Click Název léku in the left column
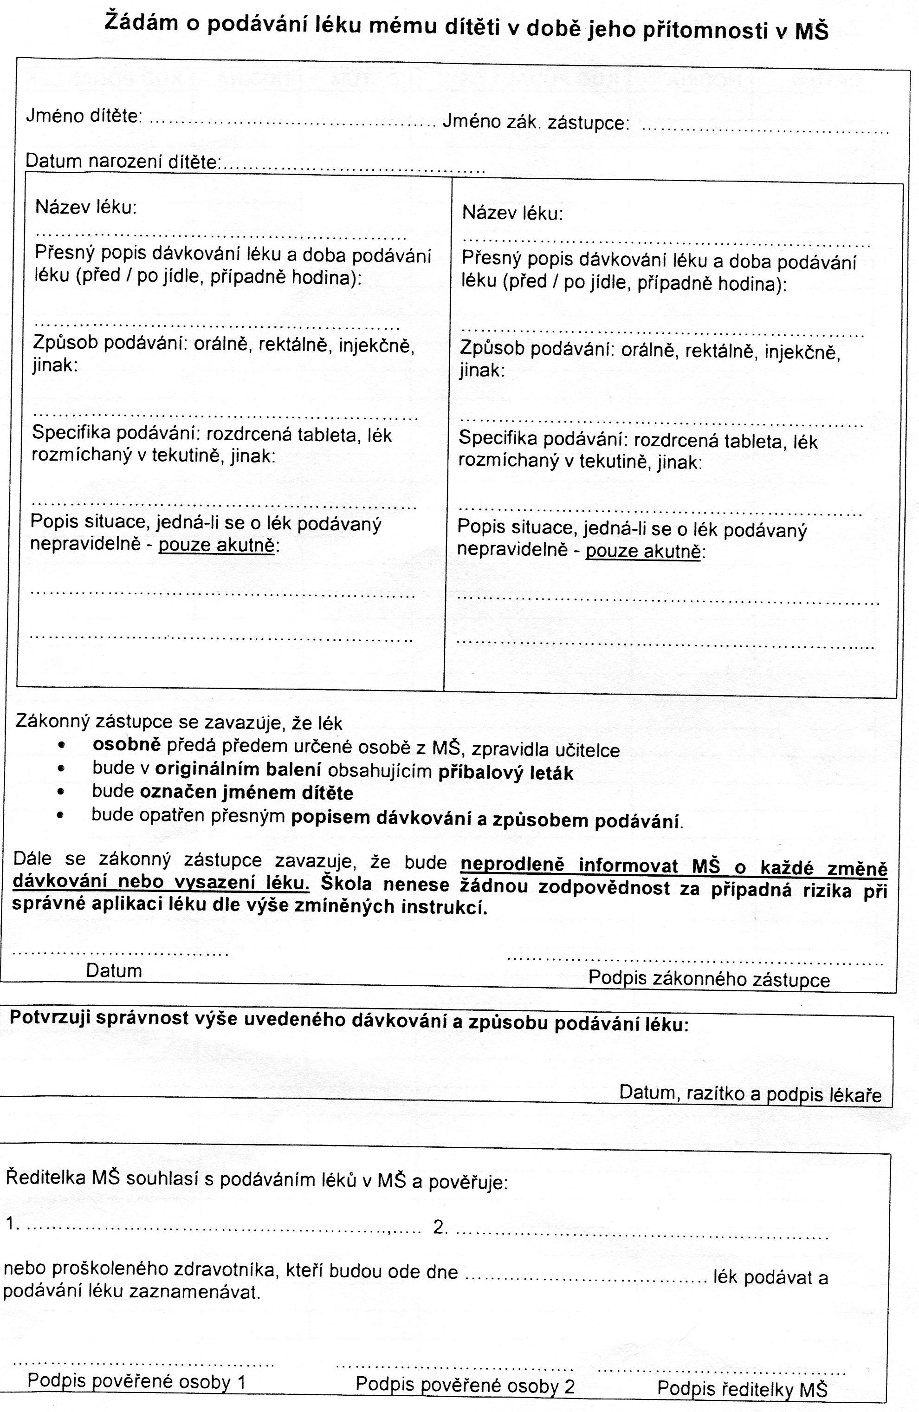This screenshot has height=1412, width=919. point(86,207)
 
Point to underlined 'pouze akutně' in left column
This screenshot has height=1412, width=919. point(217,545)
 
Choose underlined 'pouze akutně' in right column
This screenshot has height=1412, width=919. point(643,551)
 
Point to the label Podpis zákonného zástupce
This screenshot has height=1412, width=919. point(709,978)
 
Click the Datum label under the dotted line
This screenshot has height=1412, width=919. point(114,970)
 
